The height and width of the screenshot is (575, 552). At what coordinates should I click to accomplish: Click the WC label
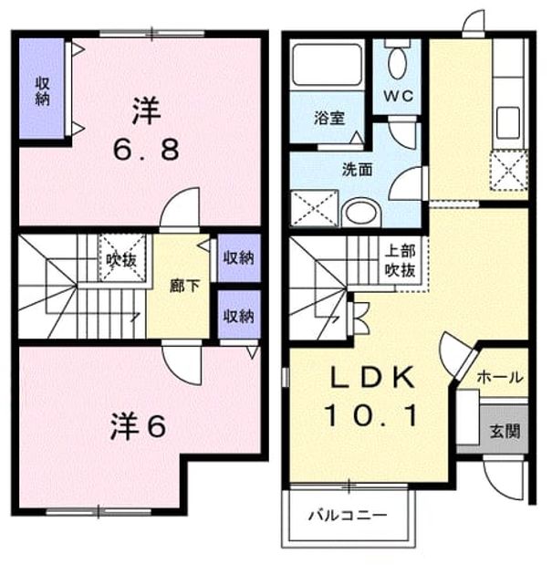tap(399, 96)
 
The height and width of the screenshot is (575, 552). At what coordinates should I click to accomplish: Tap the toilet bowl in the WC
tap(397, 64)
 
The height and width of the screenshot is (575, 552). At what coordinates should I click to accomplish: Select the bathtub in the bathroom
tap(327, 65)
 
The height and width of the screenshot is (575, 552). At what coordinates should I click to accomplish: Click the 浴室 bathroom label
tap(328, 118)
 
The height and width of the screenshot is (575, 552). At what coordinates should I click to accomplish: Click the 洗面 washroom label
tap(357, 170)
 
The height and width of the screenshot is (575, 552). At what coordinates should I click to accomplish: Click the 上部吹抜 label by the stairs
tap(401, 261)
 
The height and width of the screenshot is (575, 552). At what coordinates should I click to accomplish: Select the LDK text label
tap(372, 377)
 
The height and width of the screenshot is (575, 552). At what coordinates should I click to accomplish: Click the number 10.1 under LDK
tap(370, 415)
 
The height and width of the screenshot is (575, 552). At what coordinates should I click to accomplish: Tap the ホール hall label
tap(500, 377)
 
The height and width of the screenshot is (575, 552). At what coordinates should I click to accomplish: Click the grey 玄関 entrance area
tap(505, 429)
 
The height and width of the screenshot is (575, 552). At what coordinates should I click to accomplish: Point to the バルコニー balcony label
tap(348, 516)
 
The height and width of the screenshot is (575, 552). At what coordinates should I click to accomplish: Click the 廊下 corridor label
tap(184, 286)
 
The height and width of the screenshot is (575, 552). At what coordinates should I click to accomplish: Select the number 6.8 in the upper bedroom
tap(146, 150)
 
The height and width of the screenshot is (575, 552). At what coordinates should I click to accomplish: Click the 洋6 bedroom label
tap(138, 425)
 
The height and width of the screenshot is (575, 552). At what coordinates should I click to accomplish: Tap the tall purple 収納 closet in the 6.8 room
tap(42, 89)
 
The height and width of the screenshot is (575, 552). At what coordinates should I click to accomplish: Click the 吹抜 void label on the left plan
tap(121, 260)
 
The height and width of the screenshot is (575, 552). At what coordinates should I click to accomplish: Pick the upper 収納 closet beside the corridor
tap(239, 257)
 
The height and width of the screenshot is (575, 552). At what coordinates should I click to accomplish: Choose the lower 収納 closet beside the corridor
tap(239, 315)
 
